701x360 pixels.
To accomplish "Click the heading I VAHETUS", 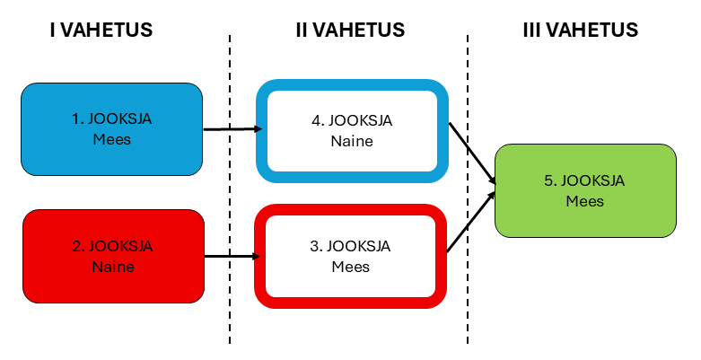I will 101,30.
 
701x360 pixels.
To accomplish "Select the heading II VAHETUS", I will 350,30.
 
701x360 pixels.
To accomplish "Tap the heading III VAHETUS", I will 580,30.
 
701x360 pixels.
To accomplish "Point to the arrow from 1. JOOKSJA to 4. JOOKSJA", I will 232,129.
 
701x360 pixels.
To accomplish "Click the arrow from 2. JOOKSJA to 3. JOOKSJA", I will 231,256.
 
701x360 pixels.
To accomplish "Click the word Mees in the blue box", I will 112,139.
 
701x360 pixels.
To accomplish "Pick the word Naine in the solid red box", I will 112,267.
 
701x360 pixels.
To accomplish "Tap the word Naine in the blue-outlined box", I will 351,141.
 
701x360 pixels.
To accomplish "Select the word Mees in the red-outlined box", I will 351,267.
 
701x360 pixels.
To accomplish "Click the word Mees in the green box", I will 584,201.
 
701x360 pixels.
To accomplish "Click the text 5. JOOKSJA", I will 584,180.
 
